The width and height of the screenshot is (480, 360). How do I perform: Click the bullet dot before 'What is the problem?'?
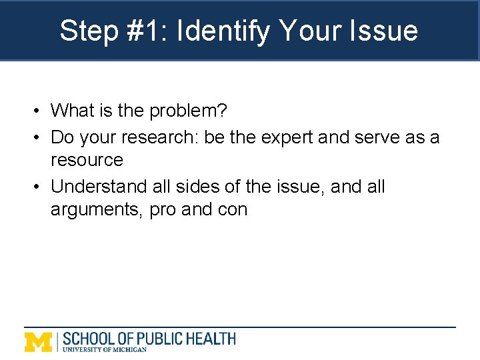[40, 110]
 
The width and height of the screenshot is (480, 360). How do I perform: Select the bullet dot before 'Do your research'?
[40, 137]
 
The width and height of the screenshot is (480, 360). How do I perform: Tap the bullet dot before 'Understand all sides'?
[40, 187]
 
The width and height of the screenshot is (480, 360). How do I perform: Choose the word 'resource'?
[87, 160]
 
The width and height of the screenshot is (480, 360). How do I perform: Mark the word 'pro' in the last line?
[163, 211]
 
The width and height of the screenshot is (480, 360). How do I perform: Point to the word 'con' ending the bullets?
[231, 210]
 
